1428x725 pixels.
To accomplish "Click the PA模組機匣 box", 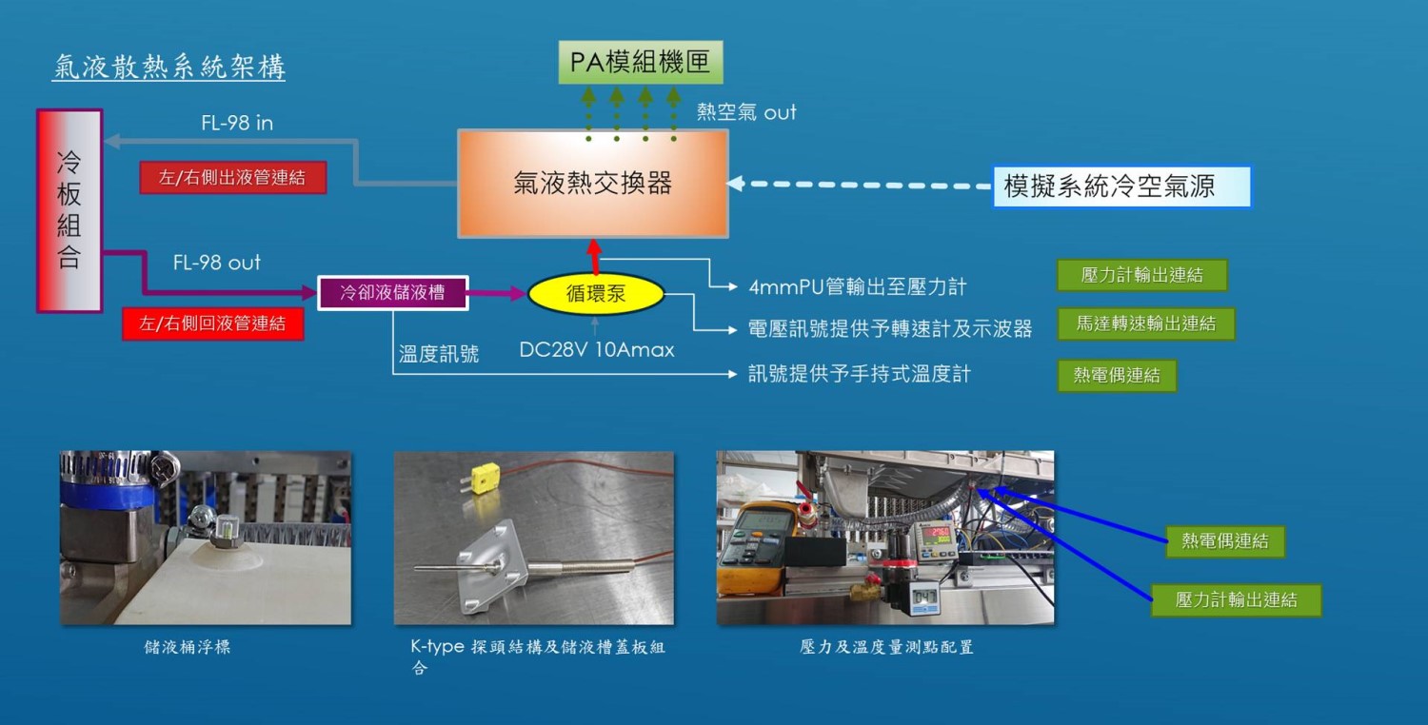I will (x=640, y=63).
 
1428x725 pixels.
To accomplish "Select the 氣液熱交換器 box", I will (x=593, y=183).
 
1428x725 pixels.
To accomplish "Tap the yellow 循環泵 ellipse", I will (x=596, y=294).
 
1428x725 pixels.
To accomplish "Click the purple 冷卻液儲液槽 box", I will (x=393, y=292).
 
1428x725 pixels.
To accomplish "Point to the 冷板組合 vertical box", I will (x=69, y=210).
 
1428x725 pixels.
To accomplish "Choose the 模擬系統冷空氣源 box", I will (x=1121, y=186).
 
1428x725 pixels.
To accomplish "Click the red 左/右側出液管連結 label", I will (x=232, y=178).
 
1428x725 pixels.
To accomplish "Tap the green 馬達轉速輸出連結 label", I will (x=1145, y=323).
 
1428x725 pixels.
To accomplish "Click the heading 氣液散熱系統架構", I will (x=169, y=68).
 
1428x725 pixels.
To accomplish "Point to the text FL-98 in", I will (x=237, y=123).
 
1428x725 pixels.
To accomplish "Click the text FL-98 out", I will (x=216, y=263).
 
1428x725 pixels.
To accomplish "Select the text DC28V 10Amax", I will (x=596, y=350).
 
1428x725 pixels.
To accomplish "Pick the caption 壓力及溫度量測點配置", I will (x=885, y=647).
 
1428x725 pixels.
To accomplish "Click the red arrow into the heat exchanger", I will (x=595, y=257).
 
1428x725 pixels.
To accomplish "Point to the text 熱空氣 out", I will (x=746, y=112).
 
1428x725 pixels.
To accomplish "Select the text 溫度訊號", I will (x=439, y=355).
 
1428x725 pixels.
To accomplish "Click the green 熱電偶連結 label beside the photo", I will (x=1224, y=541).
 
